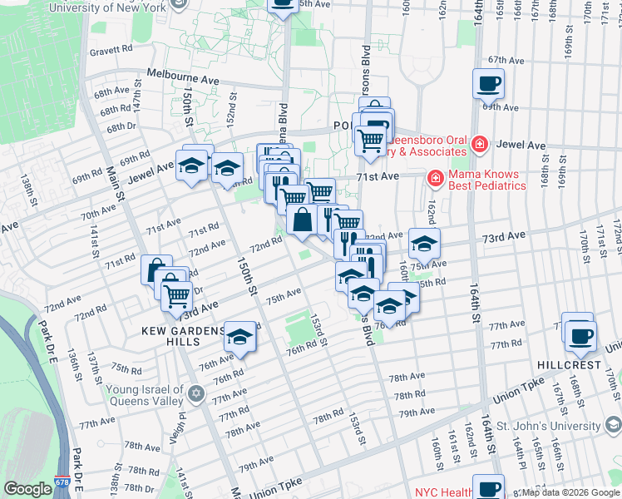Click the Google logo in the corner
point(27,489)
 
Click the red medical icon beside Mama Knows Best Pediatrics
point(435,178)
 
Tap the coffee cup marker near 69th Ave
point(488,84)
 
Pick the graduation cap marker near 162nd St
point(424,244)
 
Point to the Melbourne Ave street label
point(183,74)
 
